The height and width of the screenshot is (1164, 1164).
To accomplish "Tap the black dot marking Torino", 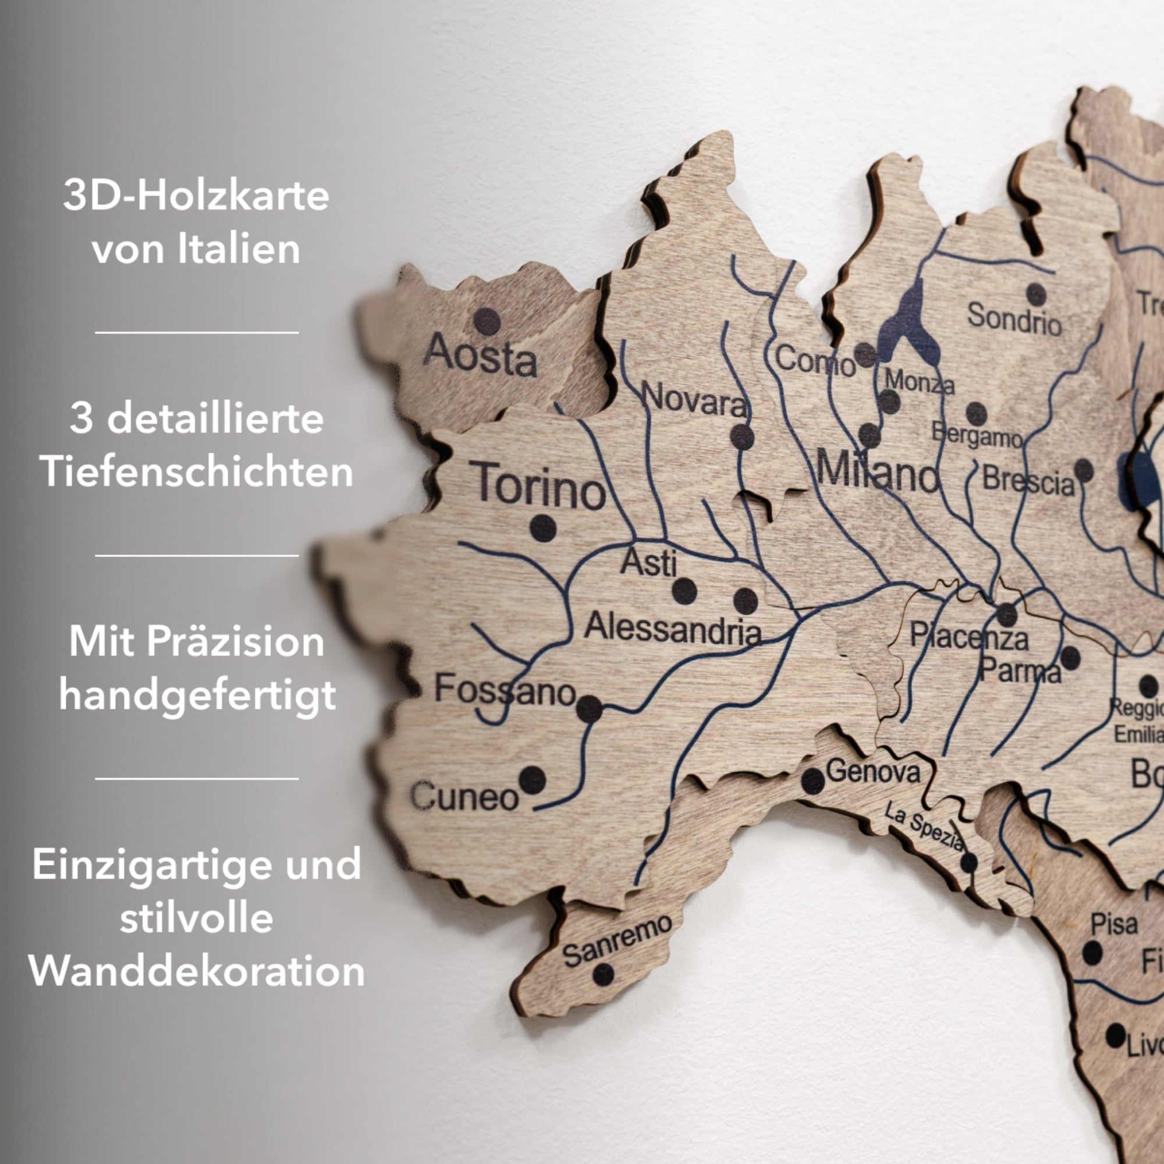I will (x=543, y=528).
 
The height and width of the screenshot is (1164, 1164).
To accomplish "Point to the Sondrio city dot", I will (x=1037, y=294).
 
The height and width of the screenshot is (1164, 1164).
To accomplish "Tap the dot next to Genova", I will (x=812, y=781).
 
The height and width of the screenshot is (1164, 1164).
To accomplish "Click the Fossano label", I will (x=505, y=690).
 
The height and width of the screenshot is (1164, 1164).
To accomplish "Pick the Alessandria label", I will (x=672, y=628).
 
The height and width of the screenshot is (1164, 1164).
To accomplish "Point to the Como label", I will (x=815, y=360).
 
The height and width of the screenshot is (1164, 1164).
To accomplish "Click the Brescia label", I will (x=1028, y=481).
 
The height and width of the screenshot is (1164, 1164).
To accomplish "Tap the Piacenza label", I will (x=968, y=637).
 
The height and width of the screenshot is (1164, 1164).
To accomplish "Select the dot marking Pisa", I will (x=1092, y=953).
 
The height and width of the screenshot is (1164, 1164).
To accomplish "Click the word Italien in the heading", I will (x=239, y=249).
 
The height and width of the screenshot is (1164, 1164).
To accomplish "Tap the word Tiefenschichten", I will (x=196, y=472).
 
